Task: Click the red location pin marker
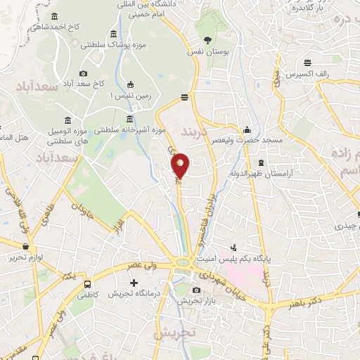(x=180, y=165)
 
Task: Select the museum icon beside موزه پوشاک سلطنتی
(x=113, y=34)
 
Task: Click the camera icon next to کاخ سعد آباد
(x=84, y=73)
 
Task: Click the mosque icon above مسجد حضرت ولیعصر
(x=247, y=130)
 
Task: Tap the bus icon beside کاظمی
(x=87, y=285)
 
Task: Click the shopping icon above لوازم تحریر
(x=26, y=247)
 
